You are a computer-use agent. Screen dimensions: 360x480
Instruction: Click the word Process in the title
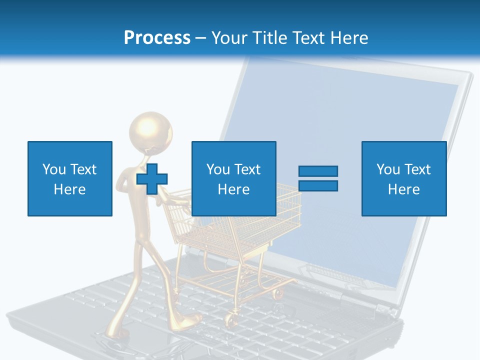(x=157, y=38)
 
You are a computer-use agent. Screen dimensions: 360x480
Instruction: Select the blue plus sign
(x=152, y=178)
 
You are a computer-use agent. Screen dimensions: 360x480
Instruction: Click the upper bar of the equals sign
(x=318, y=171)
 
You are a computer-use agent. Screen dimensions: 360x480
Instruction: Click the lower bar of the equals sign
(x=318, y=185)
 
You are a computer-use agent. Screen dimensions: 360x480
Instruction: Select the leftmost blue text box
(x=69, y=178)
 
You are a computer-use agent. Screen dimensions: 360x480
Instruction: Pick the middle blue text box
(x=233, y=178)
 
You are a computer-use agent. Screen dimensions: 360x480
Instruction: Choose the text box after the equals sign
(x=403, y=178)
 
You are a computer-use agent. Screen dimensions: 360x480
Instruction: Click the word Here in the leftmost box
(x=69, y=189)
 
